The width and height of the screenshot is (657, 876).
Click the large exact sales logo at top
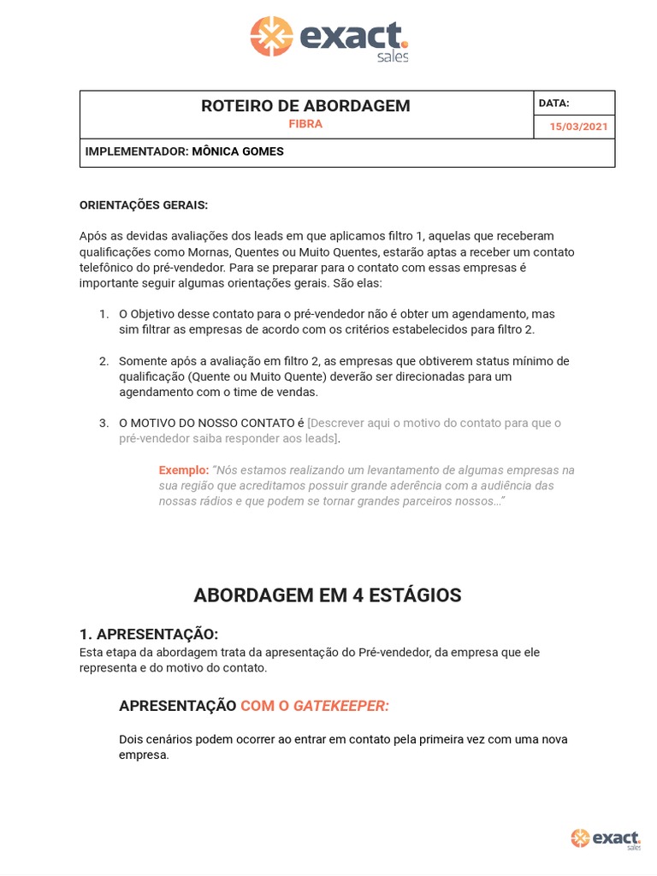[x=328, y=38]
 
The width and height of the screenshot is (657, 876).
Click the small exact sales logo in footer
[x=606, y=838]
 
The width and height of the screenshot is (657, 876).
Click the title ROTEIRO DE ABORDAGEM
[x=305, y=106]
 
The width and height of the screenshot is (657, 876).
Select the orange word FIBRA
[x=305, y=124]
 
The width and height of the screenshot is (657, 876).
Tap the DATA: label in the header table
[x=553, y=104]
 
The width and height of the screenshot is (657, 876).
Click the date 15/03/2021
[x=578, y=127]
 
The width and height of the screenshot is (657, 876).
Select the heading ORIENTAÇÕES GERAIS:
[x=144, y=205]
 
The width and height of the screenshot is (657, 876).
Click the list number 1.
[x=104, y=314]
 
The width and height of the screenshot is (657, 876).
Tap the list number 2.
[x=104, y=361]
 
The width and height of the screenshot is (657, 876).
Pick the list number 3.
[x=104, y=423]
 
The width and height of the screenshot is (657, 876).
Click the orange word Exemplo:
[x=183, y=471]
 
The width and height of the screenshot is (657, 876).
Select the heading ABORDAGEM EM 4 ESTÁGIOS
[x=328, y=595]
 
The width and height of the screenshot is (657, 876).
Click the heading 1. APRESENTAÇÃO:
[x=149, y=634]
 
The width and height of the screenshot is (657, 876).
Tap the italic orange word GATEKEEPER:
[x=340, y=706]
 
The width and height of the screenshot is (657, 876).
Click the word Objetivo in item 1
[x=156, y=314]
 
